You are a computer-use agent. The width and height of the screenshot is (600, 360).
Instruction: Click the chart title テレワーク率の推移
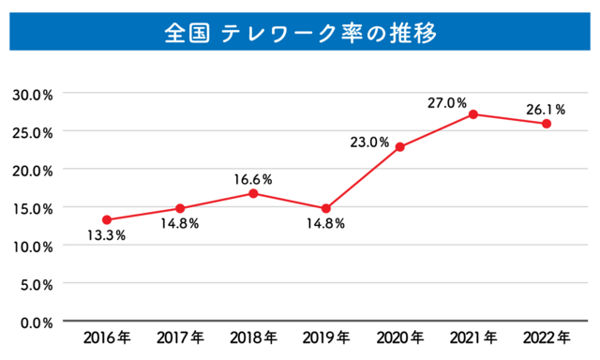(x=300, y=32)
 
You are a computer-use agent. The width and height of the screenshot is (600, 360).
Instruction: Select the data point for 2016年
(x=107, y=219)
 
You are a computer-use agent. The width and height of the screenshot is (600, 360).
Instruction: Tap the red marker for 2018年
(x=253, y=193)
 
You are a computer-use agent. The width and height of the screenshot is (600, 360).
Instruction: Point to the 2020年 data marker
(x=399, y=147)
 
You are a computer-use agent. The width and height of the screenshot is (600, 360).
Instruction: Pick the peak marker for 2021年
(x=473, y=114)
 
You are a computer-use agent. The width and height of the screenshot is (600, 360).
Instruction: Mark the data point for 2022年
(x=547, y=124)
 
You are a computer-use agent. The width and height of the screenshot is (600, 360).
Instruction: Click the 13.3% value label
(x=106, y=235)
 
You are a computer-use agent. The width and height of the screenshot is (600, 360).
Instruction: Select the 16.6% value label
(x=253, y=177)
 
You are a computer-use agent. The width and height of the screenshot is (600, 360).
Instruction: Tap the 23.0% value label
(x=369, y=142)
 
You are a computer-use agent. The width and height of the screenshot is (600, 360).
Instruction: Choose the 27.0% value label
(x=446, y=103)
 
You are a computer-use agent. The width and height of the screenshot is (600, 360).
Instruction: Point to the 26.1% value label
(x=546, y=109)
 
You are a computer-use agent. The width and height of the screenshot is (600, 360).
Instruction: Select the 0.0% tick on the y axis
(x=36, y=322)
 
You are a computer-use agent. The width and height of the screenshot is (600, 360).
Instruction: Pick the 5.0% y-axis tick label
(x=36, y=284)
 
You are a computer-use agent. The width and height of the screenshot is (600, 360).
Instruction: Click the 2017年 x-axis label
(x=179, y=337)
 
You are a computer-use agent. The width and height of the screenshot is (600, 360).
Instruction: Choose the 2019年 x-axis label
(x=326, y=337)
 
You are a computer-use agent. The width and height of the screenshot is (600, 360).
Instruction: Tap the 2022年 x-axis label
(x=547, y=337)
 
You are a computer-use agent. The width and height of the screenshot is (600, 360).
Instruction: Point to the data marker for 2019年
(x=326, y=208)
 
